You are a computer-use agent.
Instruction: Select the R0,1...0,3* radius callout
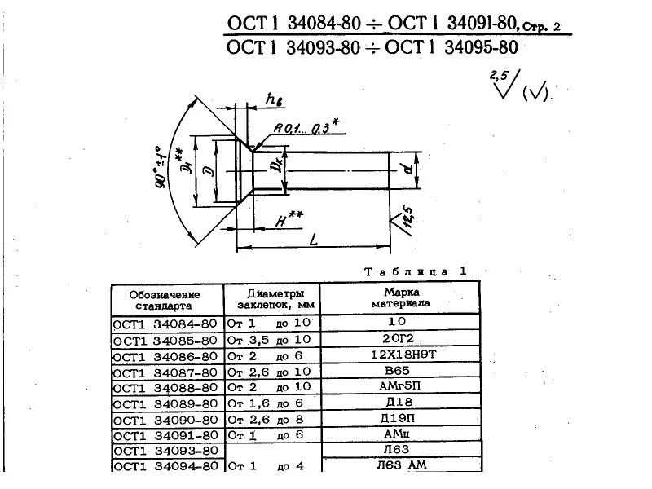pyautogui.click(x=306, y=128)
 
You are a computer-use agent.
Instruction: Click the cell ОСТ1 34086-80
pyautogui.click(x=165, y=356)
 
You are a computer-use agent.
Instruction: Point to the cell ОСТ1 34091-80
pyautogui.click(x=165, y=434)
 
